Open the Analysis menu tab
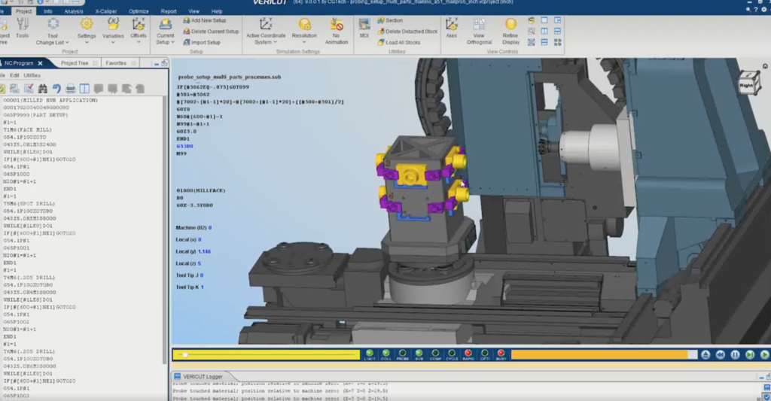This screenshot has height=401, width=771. coord(74,11)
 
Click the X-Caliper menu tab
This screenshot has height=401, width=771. coord(106,11)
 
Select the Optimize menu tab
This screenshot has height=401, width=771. coord(139,11)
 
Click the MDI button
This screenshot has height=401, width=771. coord(364,29)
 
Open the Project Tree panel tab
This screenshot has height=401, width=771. coord(75,63)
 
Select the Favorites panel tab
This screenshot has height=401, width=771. coord(116,63)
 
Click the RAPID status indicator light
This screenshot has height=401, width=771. coord(468,354)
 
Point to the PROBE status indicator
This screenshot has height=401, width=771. coord(403,354)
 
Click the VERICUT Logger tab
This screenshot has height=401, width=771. coord(203,376)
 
